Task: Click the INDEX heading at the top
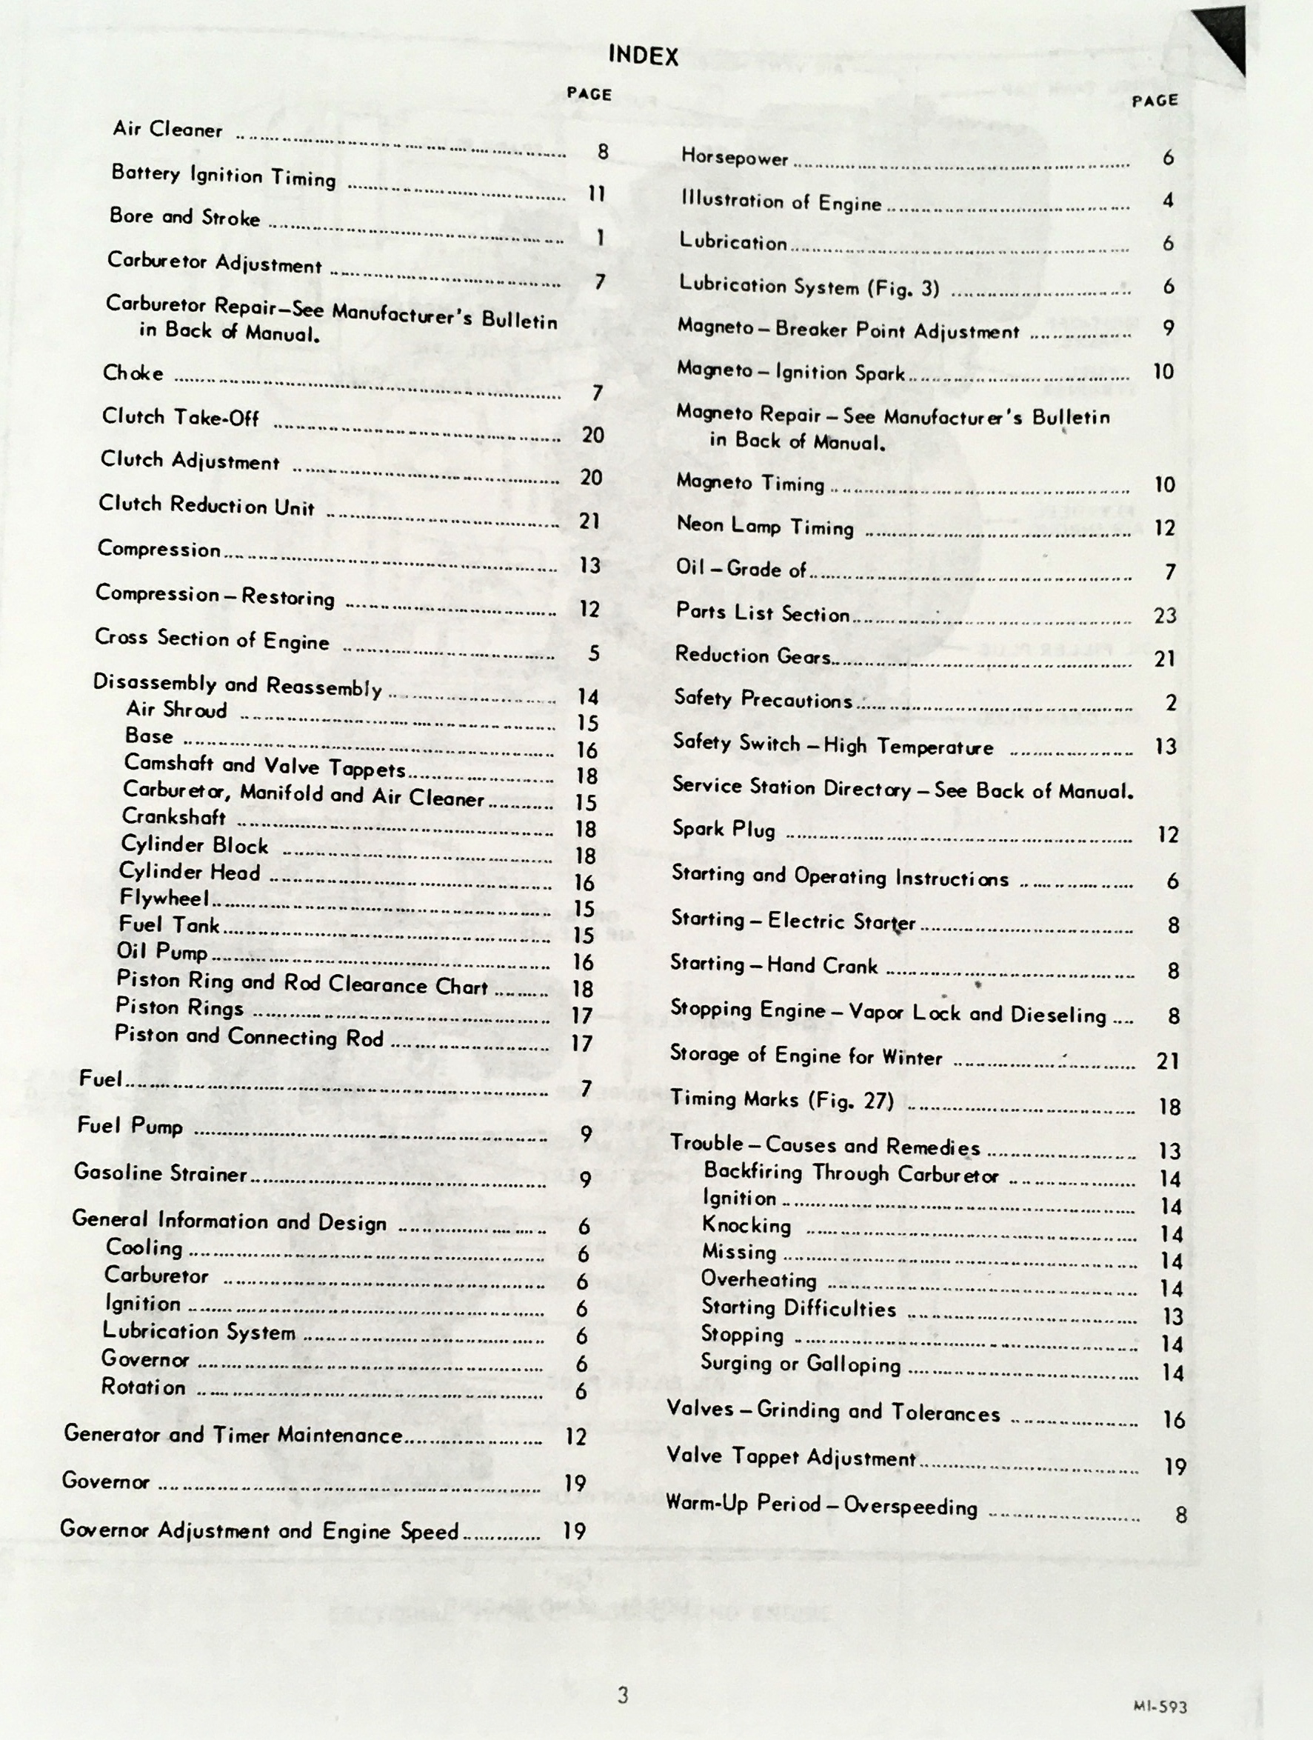(x=642, y=55)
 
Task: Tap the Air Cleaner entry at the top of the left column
(x=167, y=129)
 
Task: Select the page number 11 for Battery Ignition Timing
(x=597, y=193)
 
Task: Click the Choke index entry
(x=133, y=373)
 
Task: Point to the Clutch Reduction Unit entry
(x=206, y=505)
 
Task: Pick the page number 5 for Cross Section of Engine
(x=594, y=653)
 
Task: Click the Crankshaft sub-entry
(x=174, y=817)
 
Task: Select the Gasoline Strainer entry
(x=161, y=1173)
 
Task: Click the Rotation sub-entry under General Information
(x=143, y=1387)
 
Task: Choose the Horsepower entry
(x=735, y=157)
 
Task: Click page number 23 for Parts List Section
(x=1165, y=615)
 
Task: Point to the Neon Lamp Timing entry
(x=765, y=526)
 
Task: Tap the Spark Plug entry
(x=724, y=829)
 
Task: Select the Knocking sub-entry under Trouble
(x=746, y=1224)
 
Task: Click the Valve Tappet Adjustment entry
(x=791, y=1457)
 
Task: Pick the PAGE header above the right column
(x=1155, y=101)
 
